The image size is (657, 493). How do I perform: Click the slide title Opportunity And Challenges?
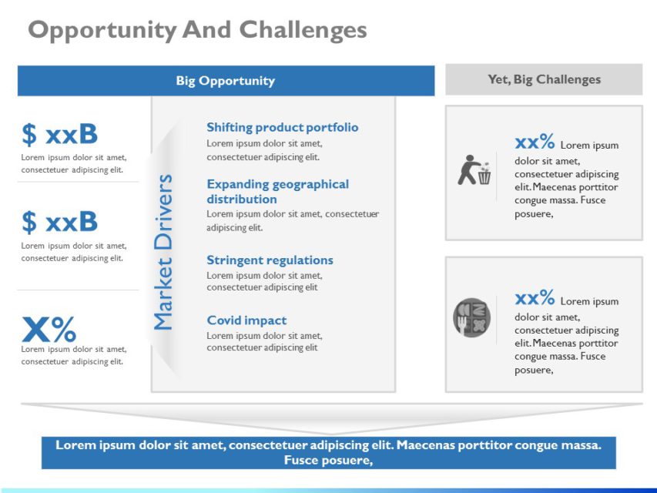pyautogui.click(x=197, y=30)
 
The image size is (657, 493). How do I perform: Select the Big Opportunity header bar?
pyautogui.click(x=226, y=81)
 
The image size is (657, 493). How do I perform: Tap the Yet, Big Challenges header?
pyautogui.click(x=544, y=79)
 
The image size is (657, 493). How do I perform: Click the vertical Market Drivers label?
pyautogui.click(x=163, y=253)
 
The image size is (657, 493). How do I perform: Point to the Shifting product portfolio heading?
pyautogui.click(x=282, y=128)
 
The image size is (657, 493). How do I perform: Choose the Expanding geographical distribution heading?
pyautogui.click(x=277, y=191)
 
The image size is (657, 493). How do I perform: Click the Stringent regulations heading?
pyautogui.click(x=270, y=260)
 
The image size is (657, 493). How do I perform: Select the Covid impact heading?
pyautogui.click(x=246, y=320)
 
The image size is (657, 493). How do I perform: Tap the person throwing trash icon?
pyautogui.click(x=474, y=170)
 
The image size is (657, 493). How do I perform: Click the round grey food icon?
pyautogui.click(x=471, y=317)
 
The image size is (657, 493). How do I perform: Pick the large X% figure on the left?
pyautogui.click(x=49, y=330)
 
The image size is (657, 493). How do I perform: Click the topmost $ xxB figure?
pyautogui.click(x=60, y=135)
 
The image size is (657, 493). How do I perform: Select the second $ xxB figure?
pyautogui.click(x=60, y=222)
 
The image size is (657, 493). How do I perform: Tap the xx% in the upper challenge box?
pyautogui.click(x=535, y=143)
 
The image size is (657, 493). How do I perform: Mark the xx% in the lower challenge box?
pyautogui.click(x=535, y=298)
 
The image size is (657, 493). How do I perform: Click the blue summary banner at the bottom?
pyautogui.click(x=329, y=452)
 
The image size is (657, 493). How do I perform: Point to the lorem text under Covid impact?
pyautogui.click(x=264, y=342)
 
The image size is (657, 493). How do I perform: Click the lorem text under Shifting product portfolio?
pyautogui.click(x=264, y=150)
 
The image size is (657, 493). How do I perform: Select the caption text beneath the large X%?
pyautogui.click(x=73, y=355)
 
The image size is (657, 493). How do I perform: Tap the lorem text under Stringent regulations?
pyautogui.click(x=264, y=281)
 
